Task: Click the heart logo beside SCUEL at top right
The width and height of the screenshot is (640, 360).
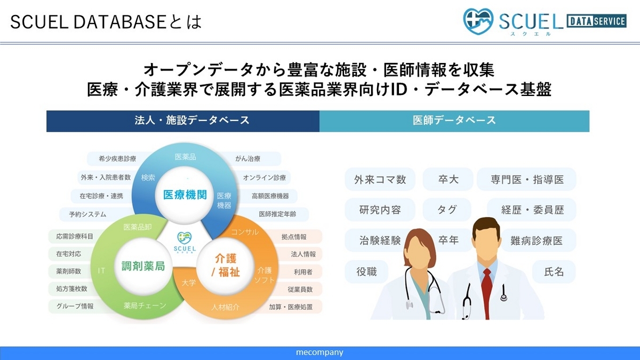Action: tap(478, 21)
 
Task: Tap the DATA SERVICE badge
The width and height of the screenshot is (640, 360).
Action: tap(597, 21)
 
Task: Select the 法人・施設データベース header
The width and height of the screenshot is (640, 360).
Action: tap(183, 121)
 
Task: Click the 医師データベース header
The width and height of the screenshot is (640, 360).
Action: tap(454, 121)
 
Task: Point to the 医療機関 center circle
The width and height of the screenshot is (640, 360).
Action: tap(185, 195)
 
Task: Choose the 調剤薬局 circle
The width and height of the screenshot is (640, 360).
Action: tap(143, 266)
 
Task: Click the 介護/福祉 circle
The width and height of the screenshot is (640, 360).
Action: tap(226, 266)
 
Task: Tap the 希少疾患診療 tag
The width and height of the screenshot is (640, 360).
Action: tap(117, 158)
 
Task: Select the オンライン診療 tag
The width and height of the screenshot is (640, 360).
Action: tap(264, 178)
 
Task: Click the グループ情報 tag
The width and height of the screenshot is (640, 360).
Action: tap(75, 306)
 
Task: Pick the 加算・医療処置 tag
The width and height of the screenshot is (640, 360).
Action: tap(291, 307)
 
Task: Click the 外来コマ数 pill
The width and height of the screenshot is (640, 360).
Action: tap(380, 179)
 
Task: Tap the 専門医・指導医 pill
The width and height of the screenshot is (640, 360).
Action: tap(527, 179)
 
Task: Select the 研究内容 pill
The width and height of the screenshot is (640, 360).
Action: tap(380, 210)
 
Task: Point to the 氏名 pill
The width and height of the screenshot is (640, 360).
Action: tap(554, 271)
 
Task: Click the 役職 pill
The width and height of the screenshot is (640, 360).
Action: tap(366, 271)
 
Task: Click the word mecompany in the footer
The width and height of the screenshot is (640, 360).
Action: tap(319, 353)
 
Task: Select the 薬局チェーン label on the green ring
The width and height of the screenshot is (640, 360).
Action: tap(145, 306)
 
